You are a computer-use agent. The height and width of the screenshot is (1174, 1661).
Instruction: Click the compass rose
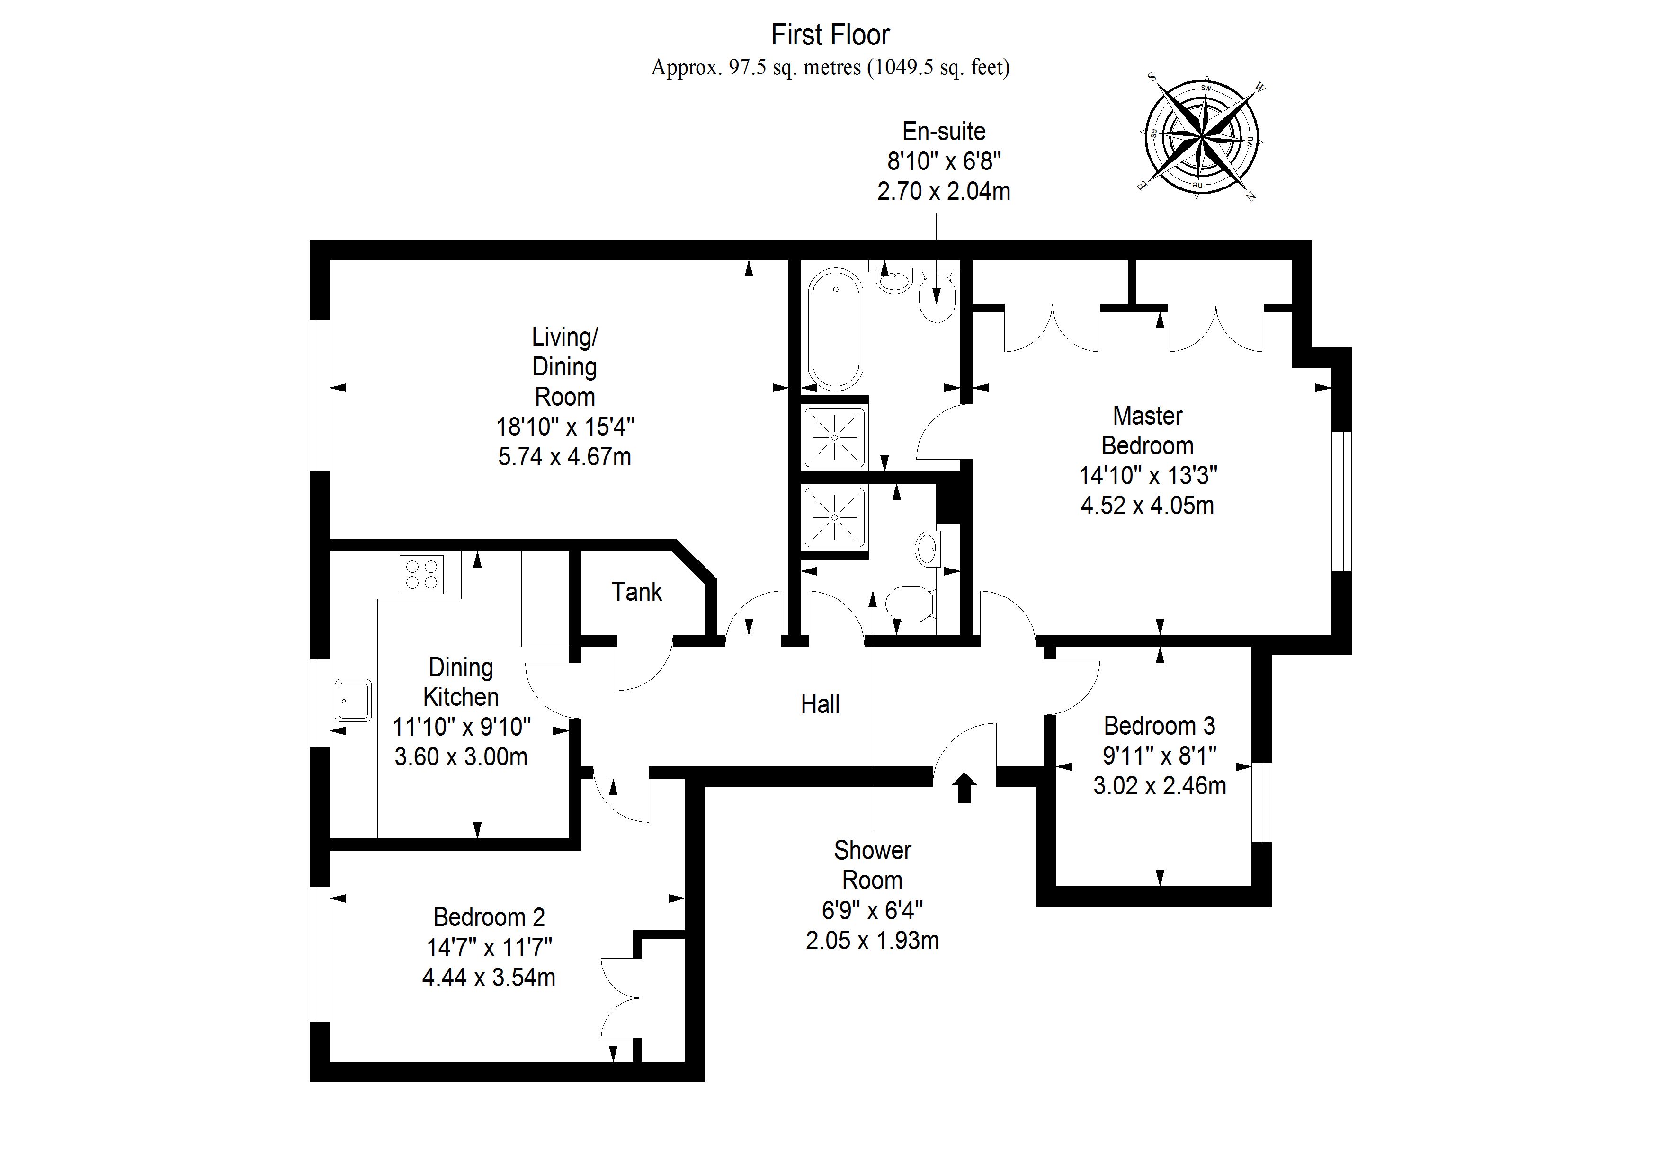(1201, 136)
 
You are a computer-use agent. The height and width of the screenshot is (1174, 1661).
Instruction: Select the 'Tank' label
(637, 592)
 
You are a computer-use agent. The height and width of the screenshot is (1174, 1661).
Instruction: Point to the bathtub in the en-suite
(836, 330)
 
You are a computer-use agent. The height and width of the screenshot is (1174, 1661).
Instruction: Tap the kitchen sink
(353, 700)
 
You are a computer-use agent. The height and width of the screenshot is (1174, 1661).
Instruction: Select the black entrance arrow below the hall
(964, 788)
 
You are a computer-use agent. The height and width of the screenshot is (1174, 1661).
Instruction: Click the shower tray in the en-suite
(835, 437)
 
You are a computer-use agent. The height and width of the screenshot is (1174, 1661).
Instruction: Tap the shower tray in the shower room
(835, 517)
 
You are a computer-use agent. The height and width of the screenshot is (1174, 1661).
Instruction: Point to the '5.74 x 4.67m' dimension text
(564, 457)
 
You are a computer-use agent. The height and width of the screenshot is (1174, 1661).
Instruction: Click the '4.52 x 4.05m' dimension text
(1147, 505)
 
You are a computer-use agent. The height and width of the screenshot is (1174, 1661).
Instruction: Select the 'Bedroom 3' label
(1160, 726)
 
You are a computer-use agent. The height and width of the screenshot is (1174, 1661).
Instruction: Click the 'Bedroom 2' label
(489, 917)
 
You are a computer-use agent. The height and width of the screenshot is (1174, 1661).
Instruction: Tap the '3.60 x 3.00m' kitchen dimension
(461, 756)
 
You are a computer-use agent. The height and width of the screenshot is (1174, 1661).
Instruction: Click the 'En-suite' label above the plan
(944, 131)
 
